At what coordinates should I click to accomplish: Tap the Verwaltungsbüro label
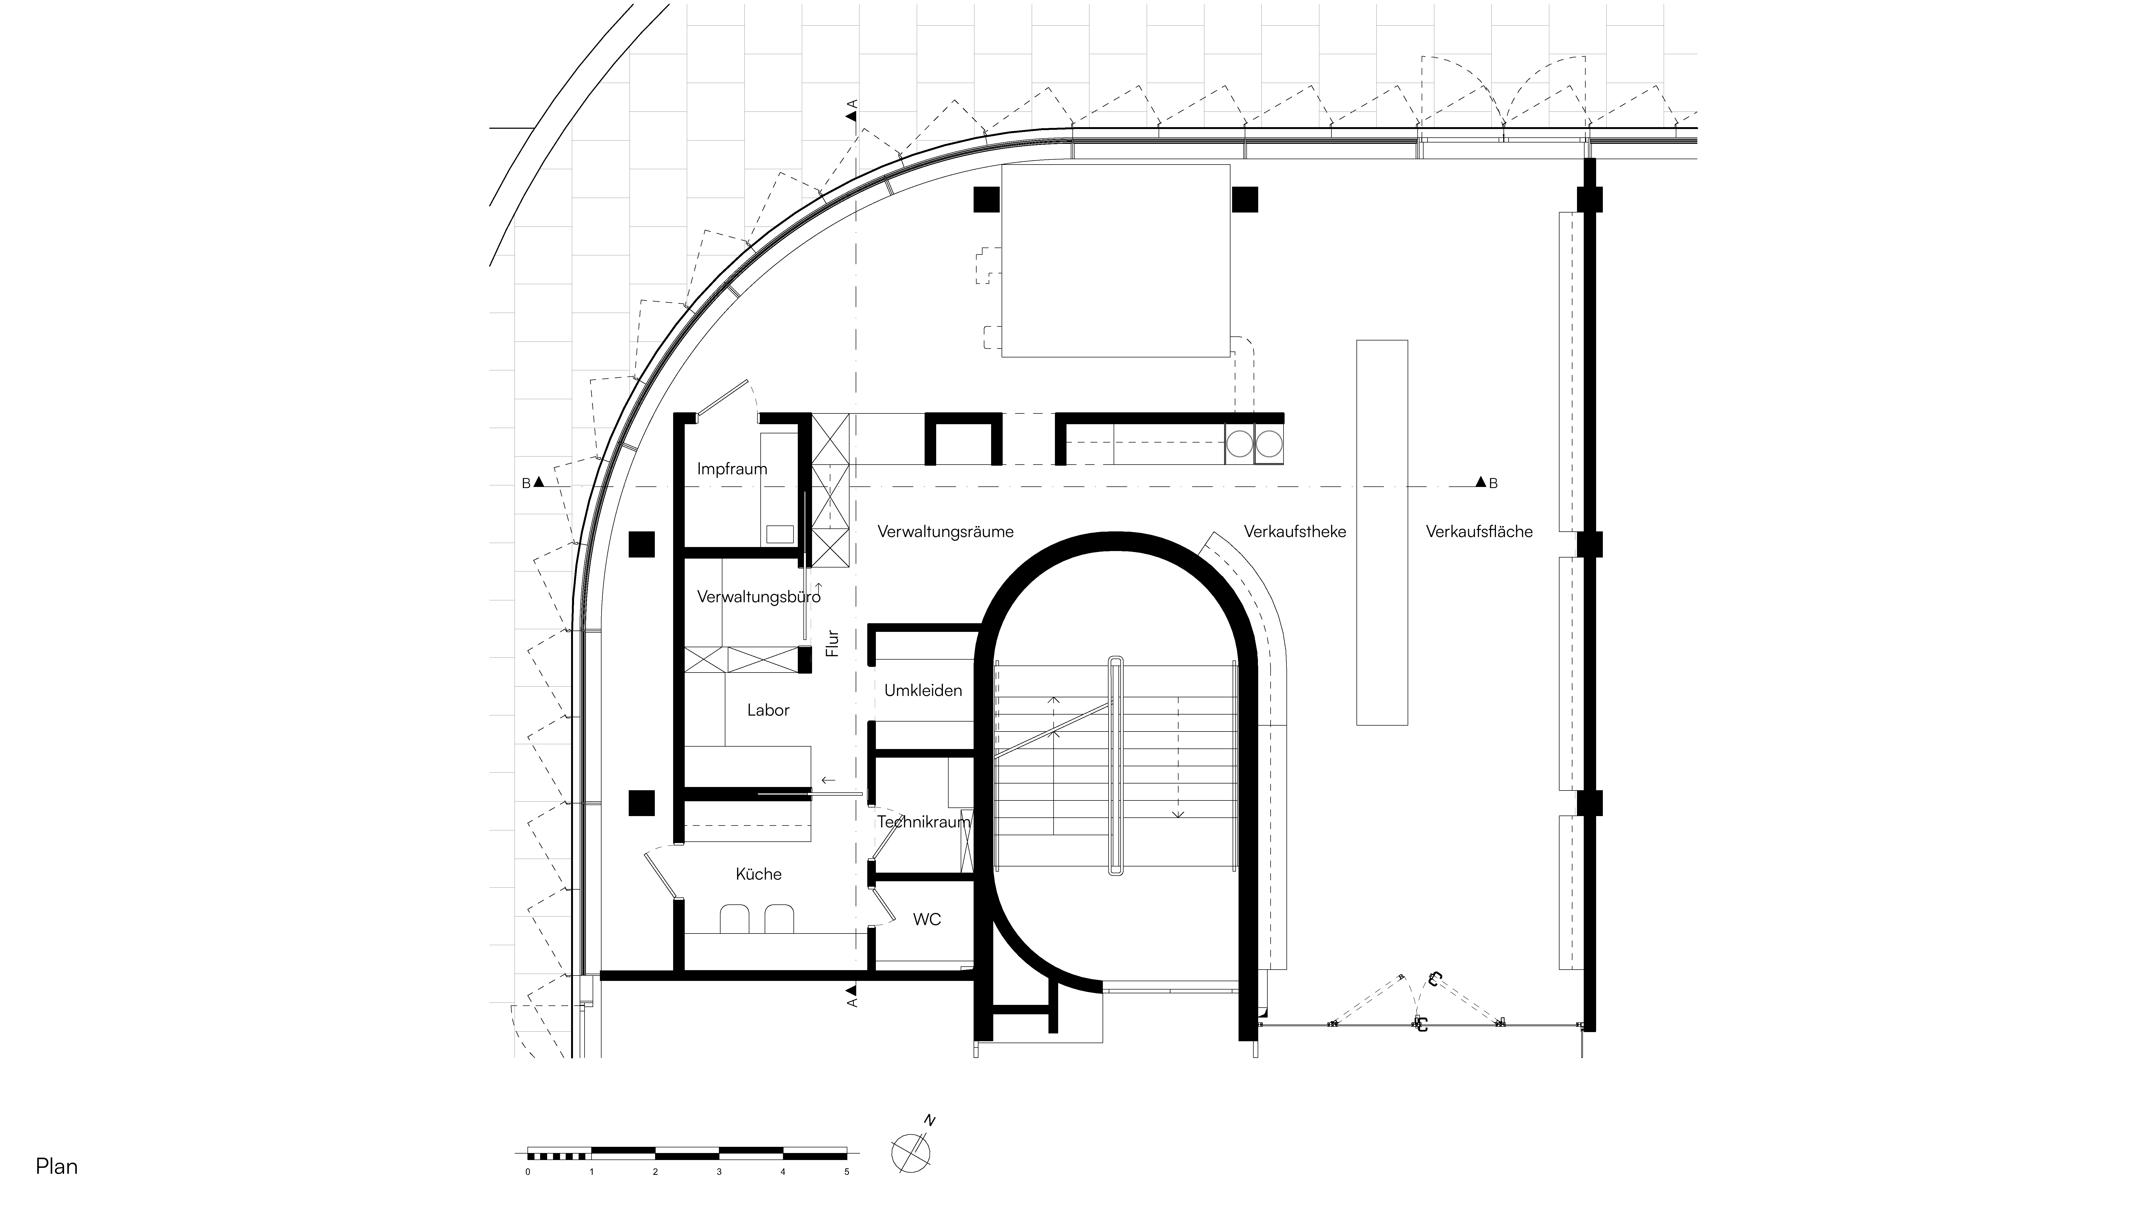click(x=758, y=597)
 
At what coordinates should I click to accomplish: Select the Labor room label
click(x=768, y=710)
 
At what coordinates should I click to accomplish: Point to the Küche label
click(x=758, y=874)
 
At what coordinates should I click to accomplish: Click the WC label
click(x=926, y=919)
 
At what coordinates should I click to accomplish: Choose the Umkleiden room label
click(x=923, y=691)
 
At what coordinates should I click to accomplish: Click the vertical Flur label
click(x=832, y=642)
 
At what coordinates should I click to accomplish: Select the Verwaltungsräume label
click(x=946, y=532)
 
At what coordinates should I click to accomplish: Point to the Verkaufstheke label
click(x=1294, y=532)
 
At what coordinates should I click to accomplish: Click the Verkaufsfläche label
click(x=1479, y=532)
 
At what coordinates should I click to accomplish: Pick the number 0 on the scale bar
click(x=528, y=1172)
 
